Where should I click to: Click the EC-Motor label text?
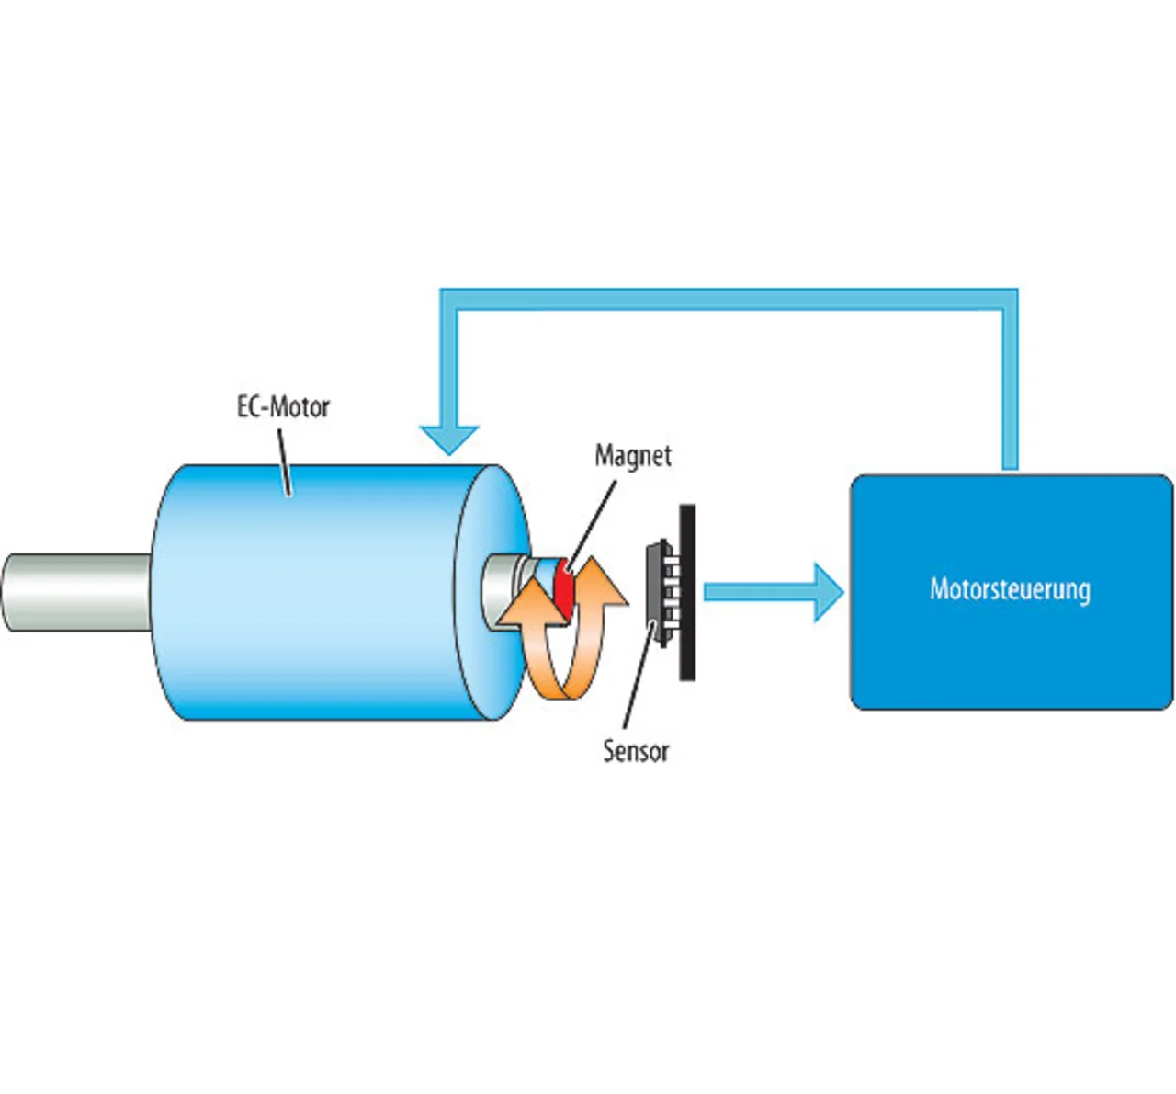[x=283, y=407]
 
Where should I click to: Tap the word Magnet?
[x=633, y=456]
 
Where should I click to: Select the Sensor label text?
[x=636, y=751]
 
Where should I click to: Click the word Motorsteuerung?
[x=1011, y=590]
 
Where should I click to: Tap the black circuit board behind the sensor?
[x=687, y=593]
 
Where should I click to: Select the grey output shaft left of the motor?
[x=77, y=593]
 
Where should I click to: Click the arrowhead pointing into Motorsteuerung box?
[x=830, y=593]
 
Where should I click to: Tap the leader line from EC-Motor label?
[x=284, y=462]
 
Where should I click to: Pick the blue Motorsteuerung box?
[x=1012, y=592]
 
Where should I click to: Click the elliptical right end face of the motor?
[x=492, y=593]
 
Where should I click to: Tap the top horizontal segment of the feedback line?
[x=729, y=300]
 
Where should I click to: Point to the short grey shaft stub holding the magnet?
[x=503, y=593]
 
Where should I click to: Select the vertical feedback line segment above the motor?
[x=449, y=368]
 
